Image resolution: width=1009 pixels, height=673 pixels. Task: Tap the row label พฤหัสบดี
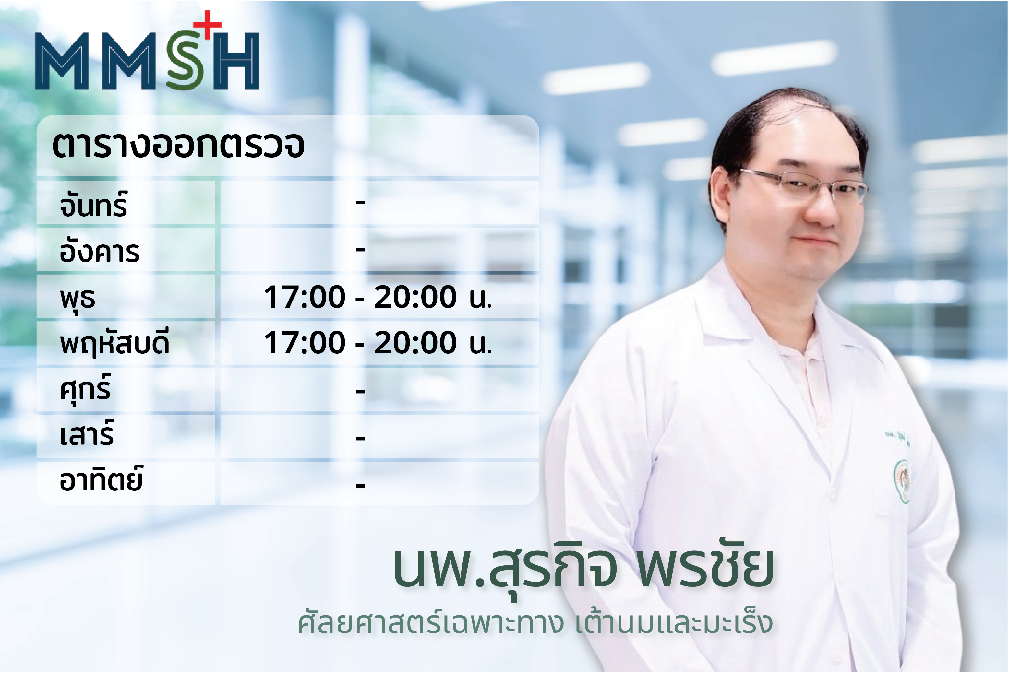click(114, 343)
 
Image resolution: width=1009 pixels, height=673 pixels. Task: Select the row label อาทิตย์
click(101, 478)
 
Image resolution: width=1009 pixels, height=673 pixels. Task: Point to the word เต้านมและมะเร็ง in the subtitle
click(674, 623)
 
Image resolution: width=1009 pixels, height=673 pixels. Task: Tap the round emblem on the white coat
click(902, 481)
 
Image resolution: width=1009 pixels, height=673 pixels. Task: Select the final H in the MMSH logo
click(236, 61)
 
